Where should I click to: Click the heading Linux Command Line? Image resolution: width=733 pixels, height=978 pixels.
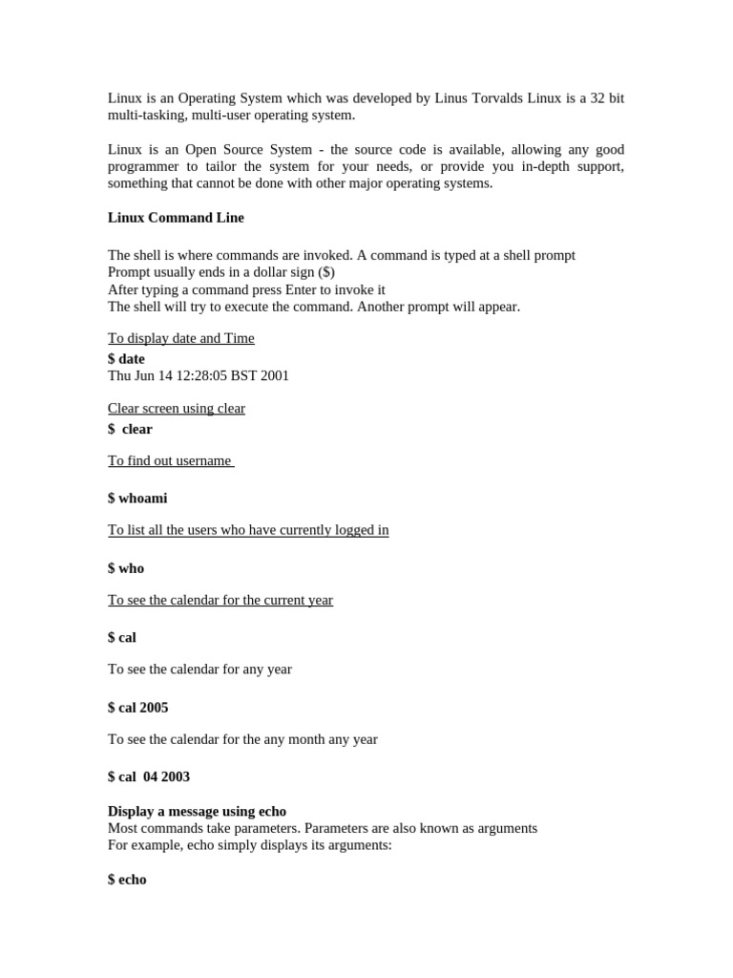click(x=176, y=218)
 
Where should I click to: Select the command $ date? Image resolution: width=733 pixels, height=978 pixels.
click(x=126, y=359)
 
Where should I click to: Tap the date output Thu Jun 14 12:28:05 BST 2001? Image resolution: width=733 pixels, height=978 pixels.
click(x=198, y=376)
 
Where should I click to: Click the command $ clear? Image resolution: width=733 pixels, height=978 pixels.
click(x=131, y=430)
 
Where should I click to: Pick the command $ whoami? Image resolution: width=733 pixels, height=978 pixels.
click(x=137, y=499)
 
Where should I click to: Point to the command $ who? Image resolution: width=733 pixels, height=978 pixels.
click(x=126, y=568)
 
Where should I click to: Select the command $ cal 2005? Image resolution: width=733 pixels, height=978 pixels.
click(x=137, y=708)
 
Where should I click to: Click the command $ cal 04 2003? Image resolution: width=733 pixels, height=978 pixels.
click(x=149, y=777)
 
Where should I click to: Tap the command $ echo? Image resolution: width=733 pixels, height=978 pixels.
click(x=127, y=880)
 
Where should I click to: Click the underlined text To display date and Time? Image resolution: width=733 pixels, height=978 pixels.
click(x=180, y=338)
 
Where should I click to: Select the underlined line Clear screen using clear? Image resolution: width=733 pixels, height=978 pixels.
click(x=176, y=409)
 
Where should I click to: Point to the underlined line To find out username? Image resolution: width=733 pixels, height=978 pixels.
click(x=170, y=460)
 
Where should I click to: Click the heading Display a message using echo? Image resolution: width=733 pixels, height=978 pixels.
click(x=197, y=812)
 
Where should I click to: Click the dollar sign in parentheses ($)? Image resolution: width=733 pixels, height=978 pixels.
click(x=325, y=273)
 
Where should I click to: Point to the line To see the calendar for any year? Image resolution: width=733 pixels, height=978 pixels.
click(x=199, y=670)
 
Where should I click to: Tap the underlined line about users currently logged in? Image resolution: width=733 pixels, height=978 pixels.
click(x=248, y=530)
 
